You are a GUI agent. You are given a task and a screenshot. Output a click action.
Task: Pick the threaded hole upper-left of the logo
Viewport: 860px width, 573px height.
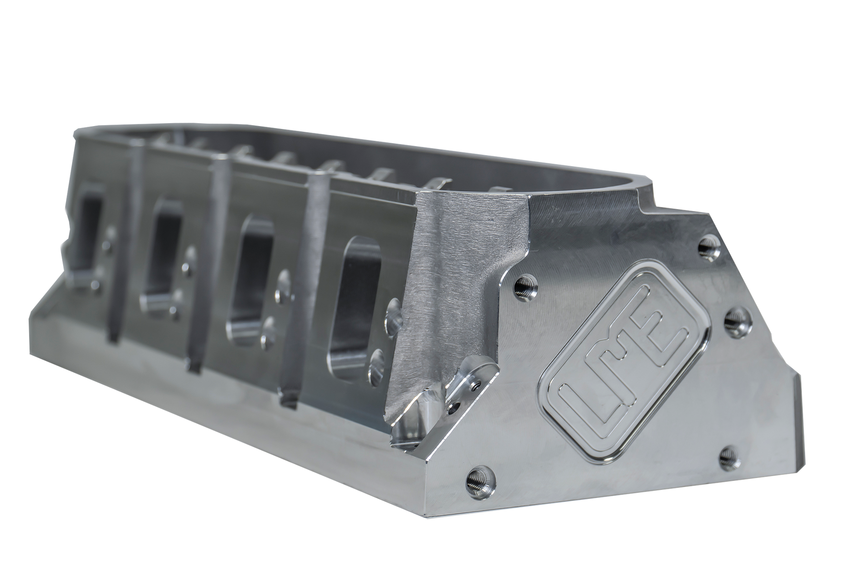[x=526, y=286]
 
